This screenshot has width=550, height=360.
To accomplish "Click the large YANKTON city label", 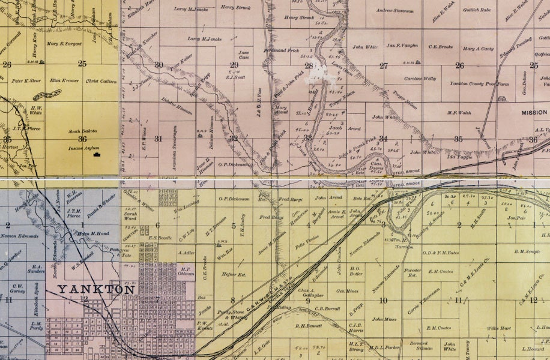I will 96,290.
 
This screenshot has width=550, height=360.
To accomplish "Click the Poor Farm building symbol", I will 502,100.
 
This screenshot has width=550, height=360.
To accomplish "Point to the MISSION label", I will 534,112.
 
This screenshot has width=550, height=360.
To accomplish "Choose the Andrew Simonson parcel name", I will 396,10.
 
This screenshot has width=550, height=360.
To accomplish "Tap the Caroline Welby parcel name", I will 420,79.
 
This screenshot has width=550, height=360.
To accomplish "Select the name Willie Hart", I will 498,328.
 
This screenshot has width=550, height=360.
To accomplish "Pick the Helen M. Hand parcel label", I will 92,233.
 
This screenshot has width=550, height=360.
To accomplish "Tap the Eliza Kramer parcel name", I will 64,80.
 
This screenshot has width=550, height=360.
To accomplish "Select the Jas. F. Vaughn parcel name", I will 402,46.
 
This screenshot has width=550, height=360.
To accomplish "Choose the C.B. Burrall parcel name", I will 327,308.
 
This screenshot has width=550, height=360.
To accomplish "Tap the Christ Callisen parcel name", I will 100,80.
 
